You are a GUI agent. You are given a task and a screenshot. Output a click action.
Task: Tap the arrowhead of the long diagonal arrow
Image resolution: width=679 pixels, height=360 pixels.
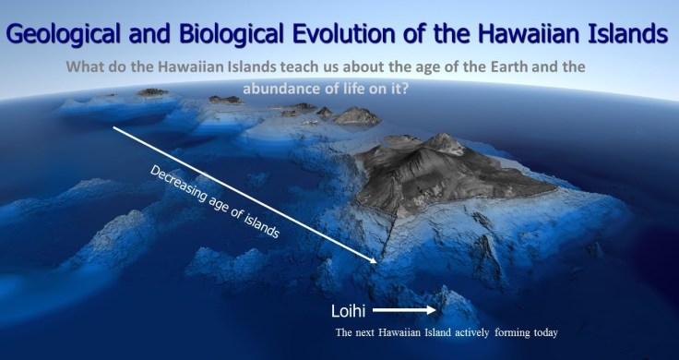point(373,261)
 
